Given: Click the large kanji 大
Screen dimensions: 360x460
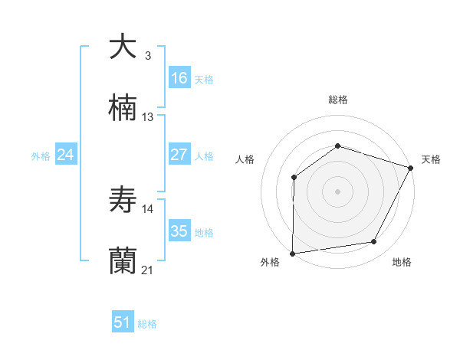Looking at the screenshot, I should [x=123, y=47].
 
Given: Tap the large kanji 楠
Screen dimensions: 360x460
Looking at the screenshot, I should [x=123, y=108].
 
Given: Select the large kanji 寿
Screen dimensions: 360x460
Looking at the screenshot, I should [x=123, y=200].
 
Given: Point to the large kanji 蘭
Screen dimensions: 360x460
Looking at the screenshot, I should [x=123, y=261].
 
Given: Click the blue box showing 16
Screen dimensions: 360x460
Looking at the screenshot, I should [x=179, y=77].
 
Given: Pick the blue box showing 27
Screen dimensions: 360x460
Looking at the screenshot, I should [x=179, y=155].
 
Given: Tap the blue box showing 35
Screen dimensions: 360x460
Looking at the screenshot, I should [x=179, y=231].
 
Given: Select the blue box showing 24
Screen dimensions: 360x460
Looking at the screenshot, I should [x=66, y=155].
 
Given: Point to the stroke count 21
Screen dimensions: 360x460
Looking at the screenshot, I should [x=148, y=270].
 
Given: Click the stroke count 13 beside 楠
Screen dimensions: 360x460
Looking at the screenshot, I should [x=148, y=116].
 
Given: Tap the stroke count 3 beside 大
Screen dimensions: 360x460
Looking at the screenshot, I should [x=148, y=55].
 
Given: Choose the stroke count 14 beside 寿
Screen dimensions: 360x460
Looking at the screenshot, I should [x=148, y=208].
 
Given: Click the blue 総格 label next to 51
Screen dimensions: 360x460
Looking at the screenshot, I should [x=147, y=323].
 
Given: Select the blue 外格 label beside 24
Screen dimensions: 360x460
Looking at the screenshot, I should [x=41, y=155].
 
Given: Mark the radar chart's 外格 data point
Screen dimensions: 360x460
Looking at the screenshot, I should [x=292, y=254].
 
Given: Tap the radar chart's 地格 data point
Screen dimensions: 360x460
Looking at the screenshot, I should [x=374, y=241].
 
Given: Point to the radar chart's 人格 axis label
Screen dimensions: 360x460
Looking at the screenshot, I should [x=245, y=159].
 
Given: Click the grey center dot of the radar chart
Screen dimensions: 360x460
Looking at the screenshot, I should [x=337, y=191].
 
